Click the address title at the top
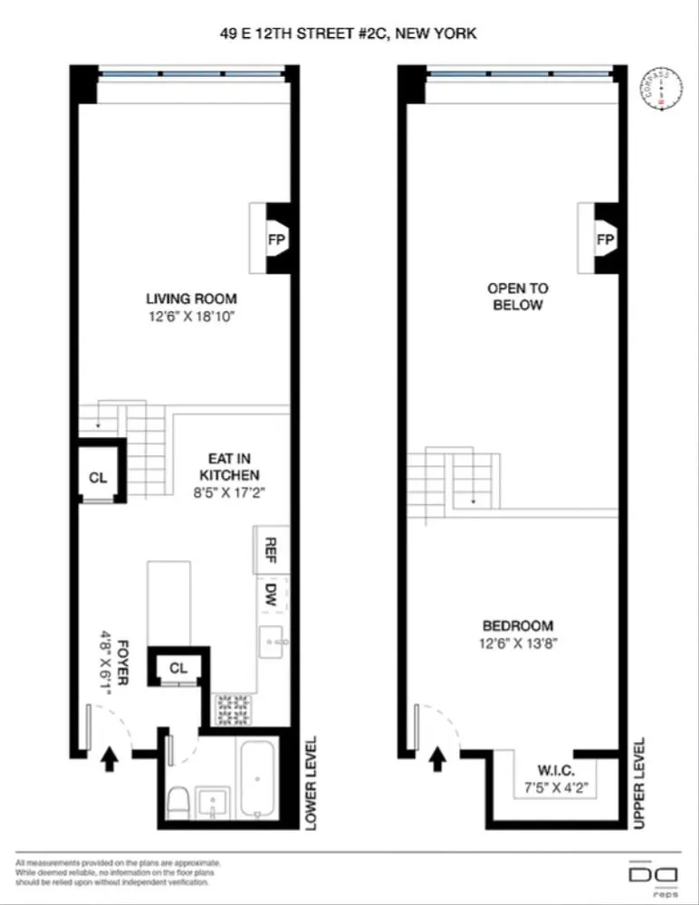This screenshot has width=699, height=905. (349, 33)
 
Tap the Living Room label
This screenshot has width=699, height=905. (191, 299)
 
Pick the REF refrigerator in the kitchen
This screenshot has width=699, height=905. (270, 548)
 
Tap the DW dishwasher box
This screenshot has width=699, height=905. (270, 594)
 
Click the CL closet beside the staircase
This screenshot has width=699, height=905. (98, 477)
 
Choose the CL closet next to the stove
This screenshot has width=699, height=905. (178, 668)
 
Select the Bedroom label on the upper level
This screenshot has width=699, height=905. (517, 625)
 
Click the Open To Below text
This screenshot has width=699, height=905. (517, 296)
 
